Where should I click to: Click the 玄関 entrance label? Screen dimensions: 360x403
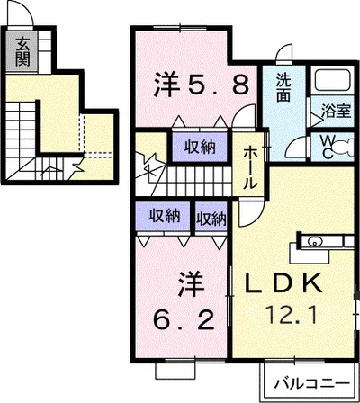[22, 52]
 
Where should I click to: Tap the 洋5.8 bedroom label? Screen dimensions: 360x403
[201, 85]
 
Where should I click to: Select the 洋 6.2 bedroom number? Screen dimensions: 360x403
[184, 320]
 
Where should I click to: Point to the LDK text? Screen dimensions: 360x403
[283, 283]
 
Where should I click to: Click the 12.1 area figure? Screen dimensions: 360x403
[292, 315]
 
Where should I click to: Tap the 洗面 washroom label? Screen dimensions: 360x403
[283, 87]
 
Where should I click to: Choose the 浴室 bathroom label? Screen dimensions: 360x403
[336, 111]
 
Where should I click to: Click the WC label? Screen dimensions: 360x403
[327, 147]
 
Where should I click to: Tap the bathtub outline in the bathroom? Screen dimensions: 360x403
[332, 80]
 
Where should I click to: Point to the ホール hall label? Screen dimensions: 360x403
[250, 168]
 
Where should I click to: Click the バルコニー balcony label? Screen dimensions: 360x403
[312, 383]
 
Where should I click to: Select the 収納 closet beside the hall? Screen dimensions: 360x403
[200, 148]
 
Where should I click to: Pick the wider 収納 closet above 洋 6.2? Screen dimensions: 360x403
[163, 216]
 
